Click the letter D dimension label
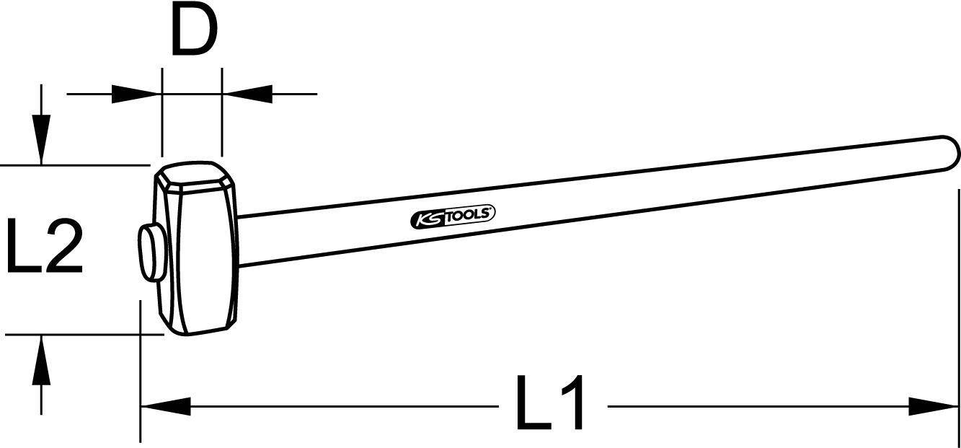(x=194, y=32)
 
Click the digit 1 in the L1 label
(x=570, y=403)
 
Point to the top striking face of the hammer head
(x=193, y=173)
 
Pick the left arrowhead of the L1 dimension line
(x=165, y=407)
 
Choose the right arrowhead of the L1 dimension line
(x=934, y=407)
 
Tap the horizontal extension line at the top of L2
(x=72, y=165)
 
